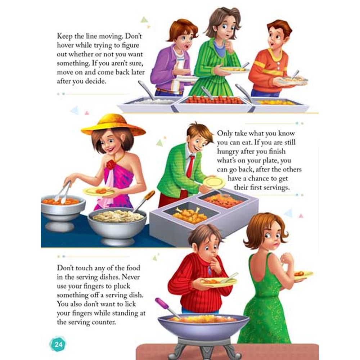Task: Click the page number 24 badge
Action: [x=58, y=344]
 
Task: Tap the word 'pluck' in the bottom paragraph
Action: [x=122, y=286]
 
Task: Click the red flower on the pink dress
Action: [x=111, y=165]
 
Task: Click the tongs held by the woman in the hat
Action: [x=63, y=192]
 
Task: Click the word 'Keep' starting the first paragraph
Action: [x=64, y=36]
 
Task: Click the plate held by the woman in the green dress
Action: [x=303, y=275]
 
